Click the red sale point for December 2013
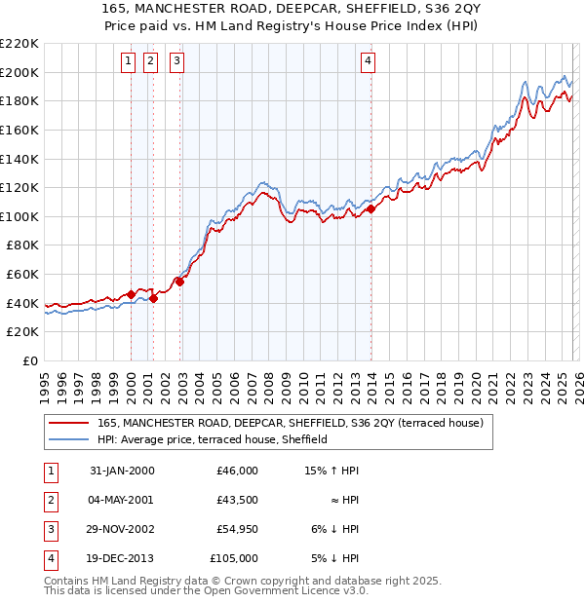point(370,208)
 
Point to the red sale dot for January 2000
point(132,294)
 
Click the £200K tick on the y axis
point(19,72)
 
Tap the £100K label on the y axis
point(19,216)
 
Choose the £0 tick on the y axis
point(29,360)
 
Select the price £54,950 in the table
point(237,530)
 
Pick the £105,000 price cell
point(235,558)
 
